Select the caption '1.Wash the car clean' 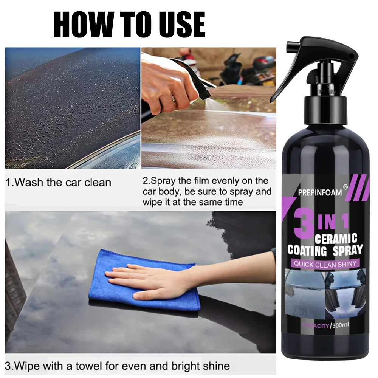[59, 183]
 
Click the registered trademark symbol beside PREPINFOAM [345, 186]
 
